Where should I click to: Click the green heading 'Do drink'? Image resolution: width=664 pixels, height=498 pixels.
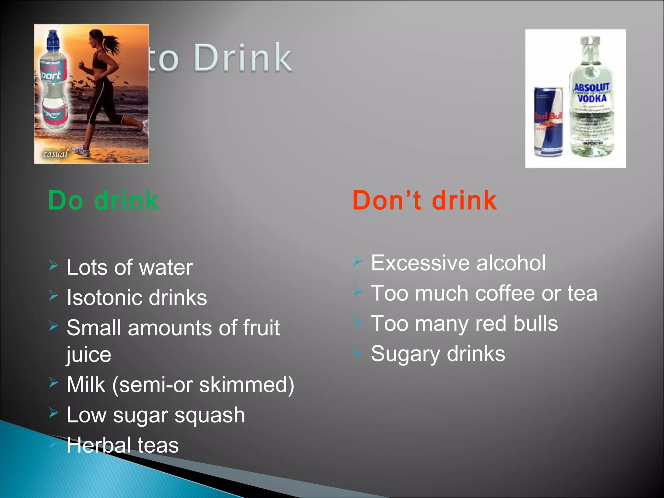[103, 200]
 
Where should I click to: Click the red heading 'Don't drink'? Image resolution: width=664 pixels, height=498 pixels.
[424, 200]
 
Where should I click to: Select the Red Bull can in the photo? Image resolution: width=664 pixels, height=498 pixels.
[548, 122]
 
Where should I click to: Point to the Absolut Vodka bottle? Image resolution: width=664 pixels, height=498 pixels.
[591, 97]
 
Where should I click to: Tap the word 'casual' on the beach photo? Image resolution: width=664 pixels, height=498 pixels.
[56, 153]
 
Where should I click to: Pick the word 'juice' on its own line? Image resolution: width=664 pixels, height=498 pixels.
[89, 355]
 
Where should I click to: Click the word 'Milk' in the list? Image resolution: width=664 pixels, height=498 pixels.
[86, 385]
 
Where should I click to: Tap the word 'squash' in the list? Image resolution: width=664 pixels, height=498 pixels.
[210, 415]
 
